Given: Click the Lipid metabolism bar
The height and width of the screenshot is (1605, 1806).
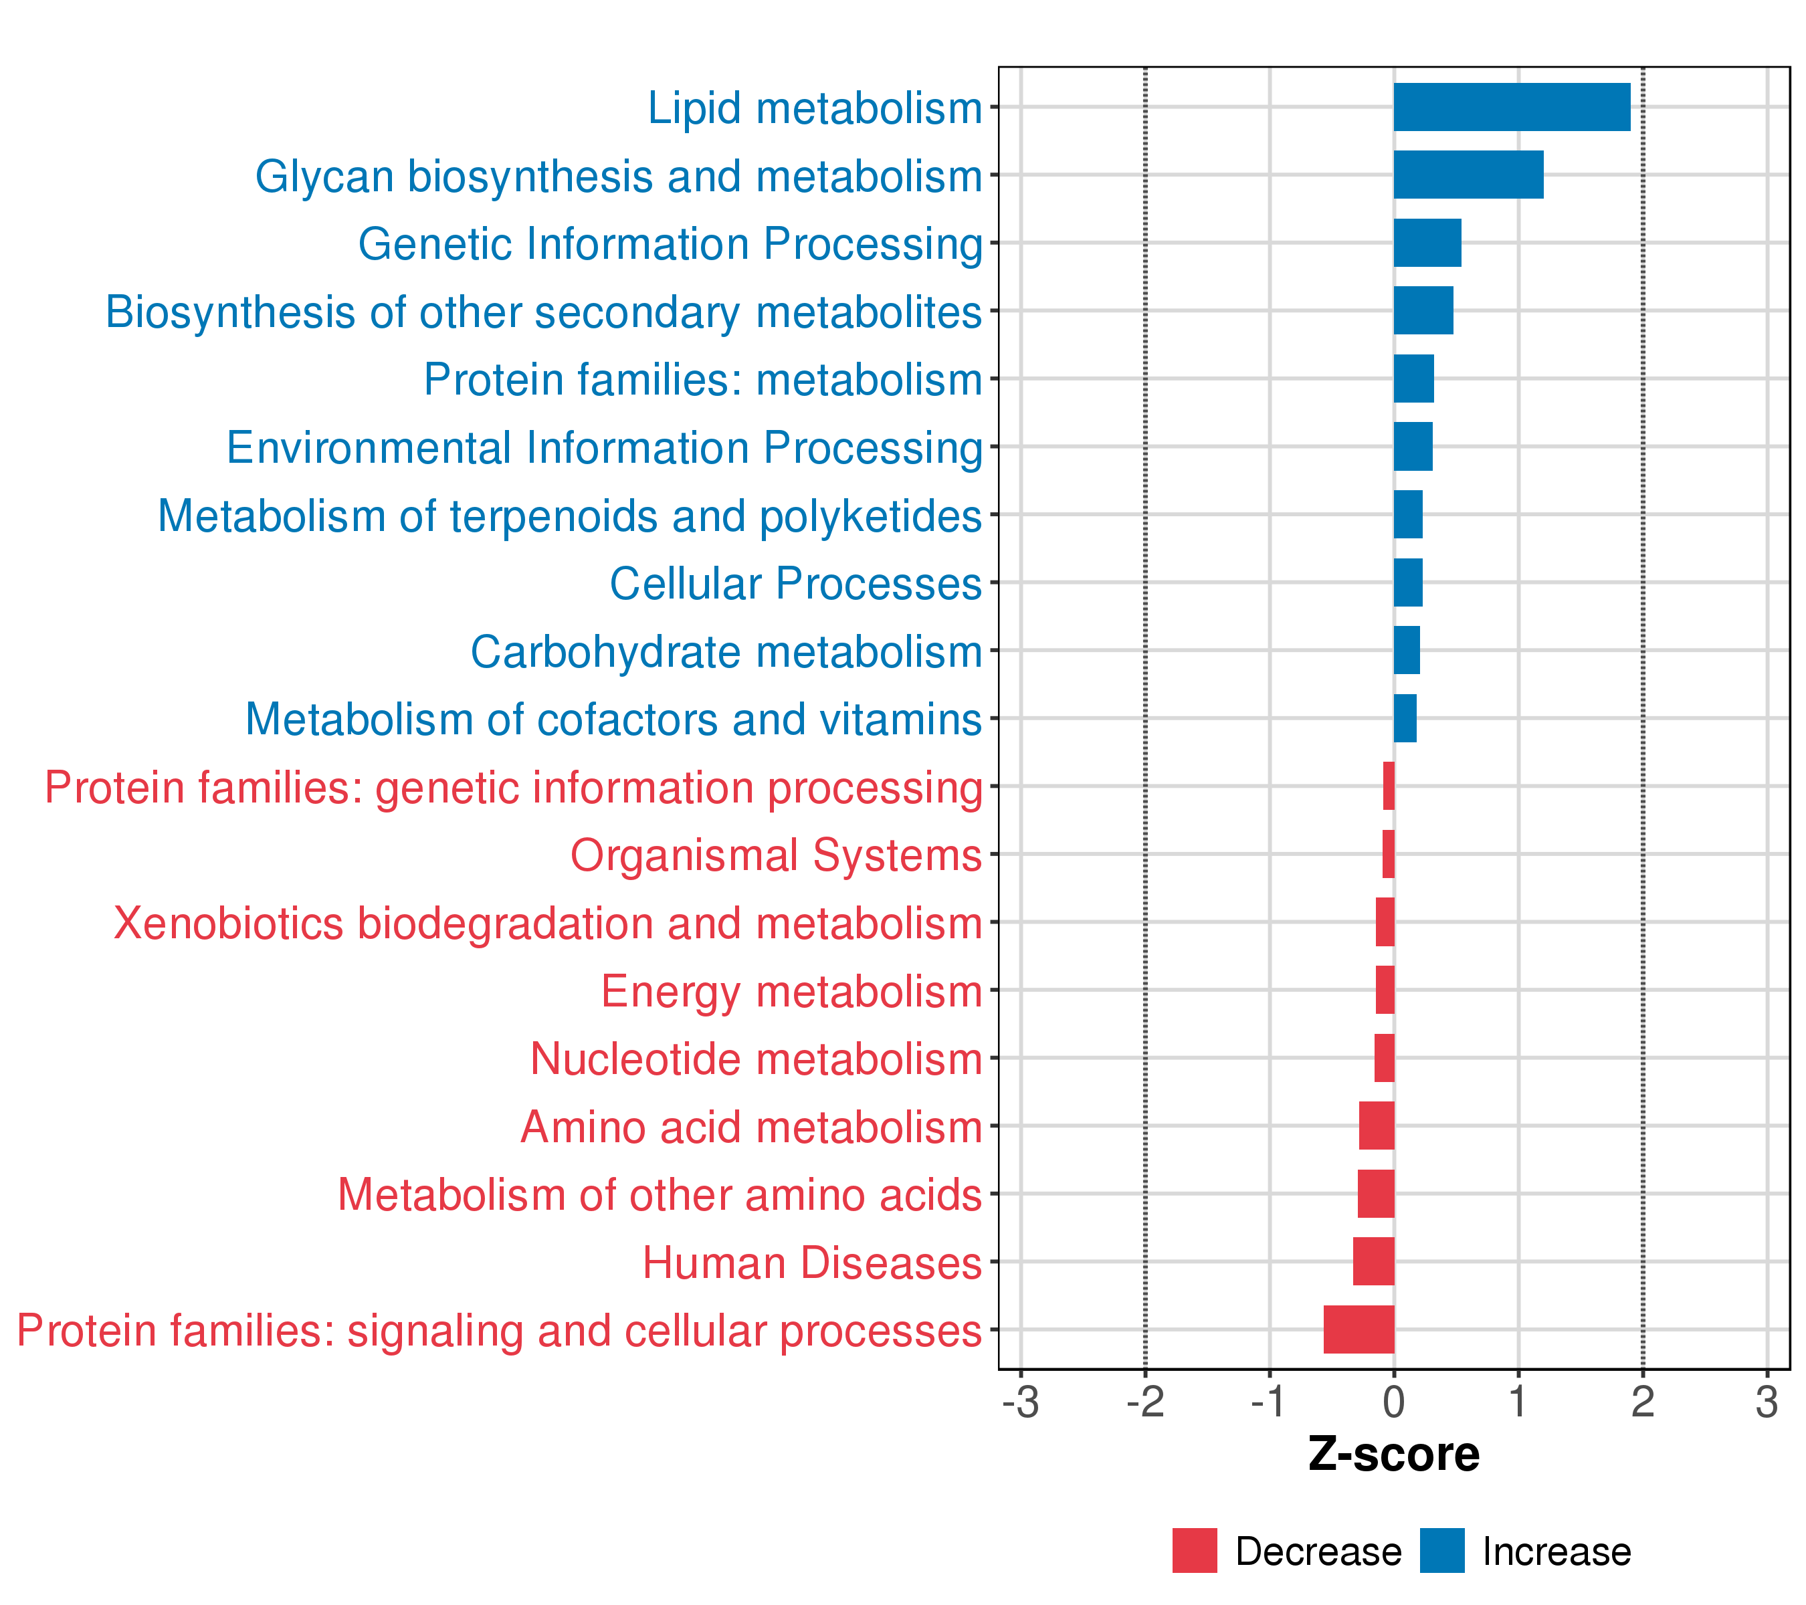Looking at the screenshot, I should tap(1511, 107).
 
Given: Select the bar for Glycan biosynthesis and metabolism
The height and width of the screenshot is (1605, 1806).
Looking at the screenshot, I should tap(1468, 175).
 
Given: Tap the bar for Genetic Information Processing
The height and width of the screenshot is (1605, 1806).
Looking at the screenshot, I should tap(1427, 243).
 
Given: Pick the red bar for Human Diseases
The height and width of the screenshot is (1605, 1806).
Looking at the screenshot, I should tap(1373, 1261).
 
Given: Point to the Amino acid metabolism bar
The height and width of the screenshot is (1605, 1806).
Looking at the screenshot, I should tap(1376, 1126).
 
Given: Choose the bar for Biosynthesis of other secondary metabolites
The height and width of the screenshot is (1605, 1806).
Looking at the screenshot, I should tap(1423, 311).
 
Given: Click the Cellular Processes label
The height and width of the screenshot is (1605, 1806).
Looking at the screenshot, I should tap(795, 584).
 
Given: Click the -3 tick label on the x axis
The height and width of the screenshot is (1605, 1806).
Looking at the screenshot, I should tap(1021, 1403).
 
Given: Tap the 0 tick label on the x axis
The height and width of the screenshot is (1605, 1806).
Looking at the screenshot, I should tap(1393, 1403).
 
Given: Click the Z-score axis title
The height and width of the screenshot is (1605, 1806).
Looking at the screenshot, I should tap(1393, 1455).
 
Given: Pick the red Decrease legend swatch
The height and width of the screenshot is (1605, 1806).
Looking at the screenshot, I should tap(1195, 1551).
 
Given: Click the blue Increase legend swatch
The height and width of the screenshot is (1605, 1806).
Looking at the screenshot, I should tap(1442, 1551).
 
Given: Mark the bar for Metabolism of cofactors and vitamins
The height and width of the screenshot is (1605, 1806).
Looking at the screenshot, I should tap(1405, 718).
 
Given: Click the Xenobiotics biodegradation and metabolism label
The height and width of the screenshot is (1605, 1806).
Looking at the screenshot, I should tap(548, 923).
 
